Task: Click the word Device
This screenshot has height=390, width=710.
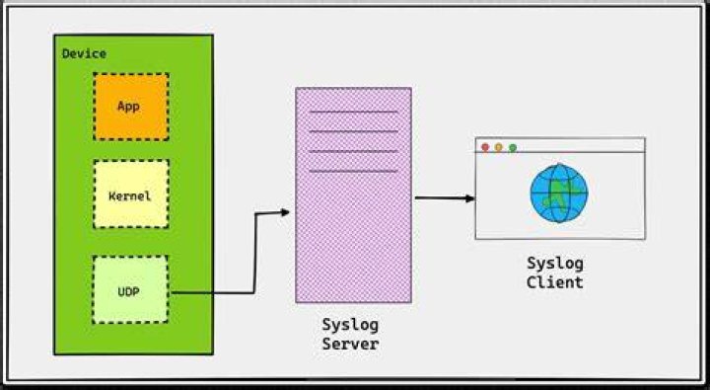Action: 84,53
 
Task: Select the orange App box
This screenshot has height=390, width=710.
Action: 131,107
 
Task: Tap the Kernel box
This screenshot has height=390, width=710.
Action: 131,194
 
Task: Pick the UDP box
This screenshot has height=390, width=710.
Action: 130,289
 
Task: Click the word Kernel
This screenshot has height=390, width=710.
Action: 129,196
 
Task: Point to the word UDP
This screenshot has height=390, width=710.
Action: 128,292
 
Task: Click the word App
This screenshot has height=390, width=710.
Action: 128,107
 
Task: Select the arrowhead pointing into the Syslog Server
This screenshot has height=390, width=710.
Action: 285,211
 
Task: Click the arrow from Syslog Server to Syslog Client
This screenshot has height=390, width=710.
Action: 445,197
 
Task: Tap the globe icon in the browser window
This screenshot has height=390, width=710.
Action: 559,194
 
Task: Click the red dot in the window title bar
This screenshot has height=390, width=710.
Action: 485,147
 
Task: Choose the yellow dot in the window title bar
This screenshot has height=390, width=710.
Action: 499,147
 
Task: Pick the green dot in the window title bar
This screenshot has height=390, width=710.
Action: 513,148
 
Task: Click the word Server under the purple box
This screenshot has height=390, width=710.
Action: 350,344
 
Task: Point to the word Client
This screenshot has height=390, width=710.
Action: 554,282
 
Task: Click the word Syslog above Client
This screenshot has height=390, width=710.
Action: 555,264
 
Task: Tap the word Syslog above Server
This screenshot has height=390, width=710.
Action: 350,325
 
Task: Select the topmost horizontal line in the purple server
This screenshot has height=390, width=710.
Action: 354,112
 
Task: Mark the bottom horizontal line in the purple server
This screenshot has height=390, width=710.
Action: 354,171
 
